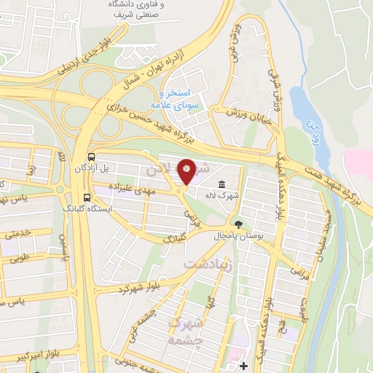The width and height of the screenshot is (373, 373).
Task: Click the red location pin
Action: click(187, 171)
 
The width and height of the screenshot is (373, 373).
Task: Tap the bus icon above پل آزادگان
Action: click(90, 157)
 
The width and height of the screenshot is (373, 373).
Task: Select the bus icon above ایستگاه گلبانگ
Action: click(87, 197)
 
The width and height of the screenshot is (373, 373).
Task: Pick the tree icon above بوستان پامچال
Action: click(238, 223)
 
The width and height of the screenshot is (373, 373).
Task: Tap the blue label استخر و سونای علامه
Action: click(178, 99)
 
